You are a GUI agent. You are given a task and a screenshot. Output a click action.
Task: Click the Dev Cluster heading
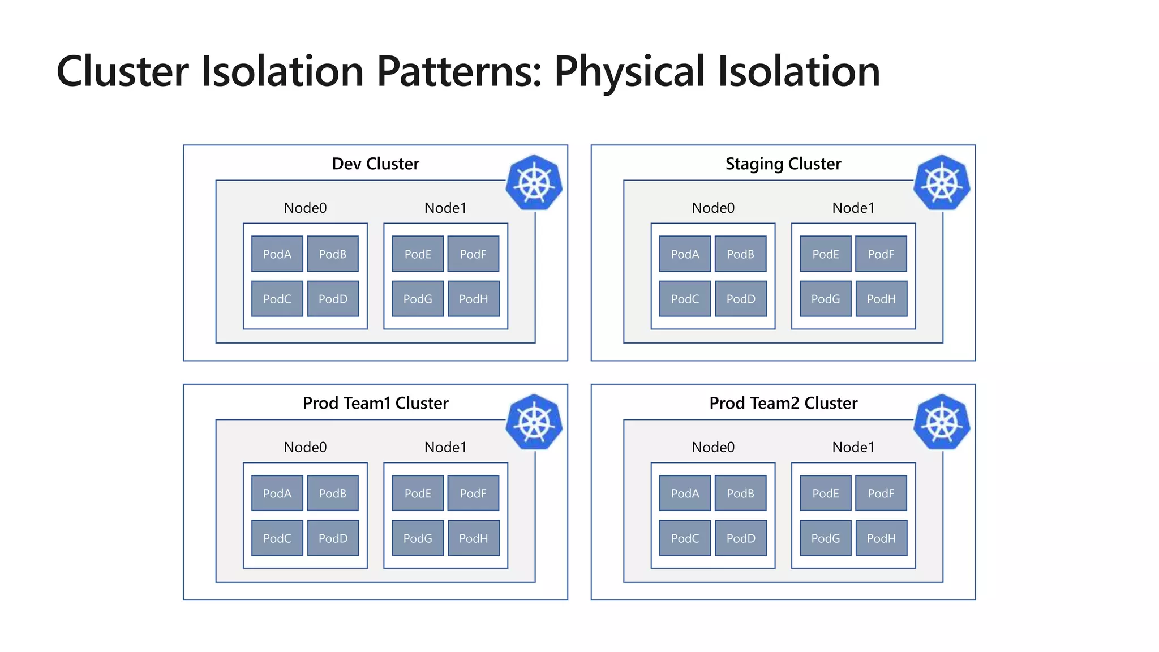coord(375,164)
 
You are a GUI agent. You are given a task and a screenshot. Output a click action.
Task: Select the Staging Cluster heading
coord(783,164)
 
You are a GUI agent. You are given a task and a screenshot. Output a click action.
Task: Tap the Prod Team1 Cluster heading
coord(375,403)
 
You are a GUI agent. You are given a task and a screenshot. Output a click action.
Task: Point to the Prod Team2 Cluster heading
coord(783,403)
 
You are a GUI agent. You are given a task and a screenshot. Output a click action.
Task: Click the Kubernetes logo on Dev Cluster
coord(534,183)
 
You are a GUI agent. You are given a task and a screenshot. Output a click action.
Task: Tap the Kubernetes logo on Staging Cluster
coord(942,183)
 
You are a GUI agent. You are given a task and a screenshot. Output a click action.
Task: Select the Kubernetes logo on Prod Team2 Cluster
coord(942,422)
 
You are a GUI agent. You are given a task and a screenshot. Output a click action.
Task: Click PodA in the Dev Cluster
coord(277,254)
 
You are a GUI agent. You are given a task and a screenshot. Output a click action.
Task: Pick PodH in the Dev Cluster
coord(474,299)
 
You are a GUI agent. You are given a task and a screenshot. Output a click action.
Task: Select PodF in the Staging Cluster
coord(881,254)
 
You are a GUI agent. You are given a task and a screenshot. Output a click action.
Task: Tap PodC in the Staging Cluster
coord(685,299)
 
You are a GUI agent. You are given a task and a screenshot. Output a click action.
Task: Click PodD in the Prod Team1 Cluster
coord(333,538)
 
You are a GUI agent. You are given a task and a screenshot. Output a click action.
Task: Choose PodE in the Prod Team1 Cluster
coord(418,494)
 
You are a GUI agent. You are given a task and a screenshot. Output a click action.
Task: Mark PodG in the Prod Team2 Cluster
coord(826,538)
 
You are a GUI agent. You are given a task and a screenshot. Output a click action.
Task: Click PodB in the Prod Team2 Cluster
coord(740,494)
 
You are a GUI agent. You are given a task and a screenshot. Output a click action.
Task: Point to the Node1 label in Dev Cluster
coord(445,208)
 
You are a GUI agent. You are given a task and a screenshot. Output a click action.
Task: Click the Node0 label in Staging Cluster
coord(713,208)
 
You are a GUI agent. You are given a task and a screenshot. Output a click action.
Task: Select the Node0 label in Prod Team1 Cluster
coord(305,448)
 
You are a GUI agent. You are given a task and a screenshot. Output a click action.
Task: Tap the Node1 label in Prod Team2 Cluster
coord(853,448)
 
